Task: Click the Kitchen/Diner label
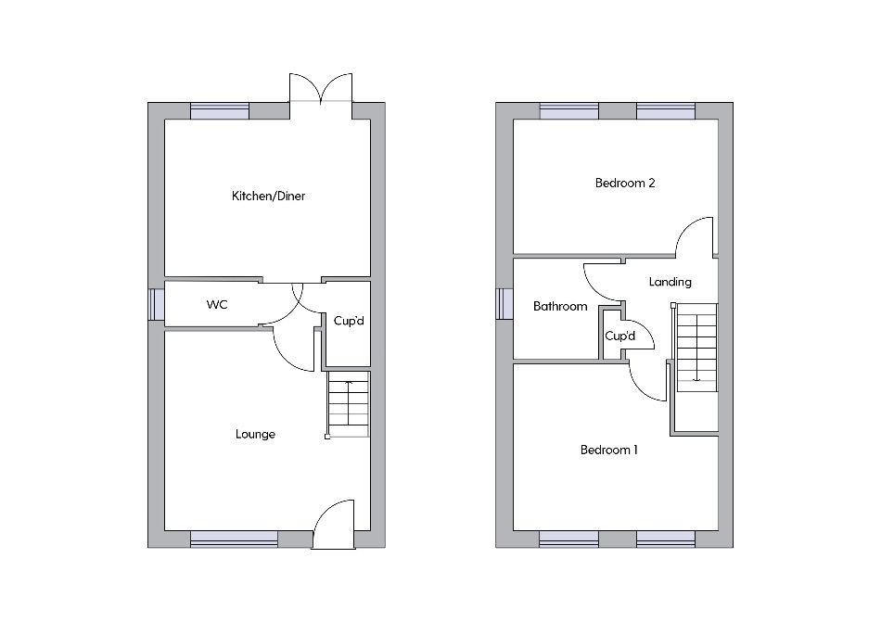(269, 196)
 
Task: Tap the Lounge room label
(255, 434)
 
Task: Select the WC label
(217, 304)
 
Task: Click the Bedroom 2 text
(625, 183)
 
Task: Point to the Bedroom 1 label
(609, 450)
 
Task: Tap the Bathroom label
(560, 306)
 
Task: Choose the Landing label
(670, 282)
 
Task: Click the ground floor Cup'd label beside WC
(349, 321)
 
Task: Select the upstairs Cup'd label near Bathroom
(619, 336)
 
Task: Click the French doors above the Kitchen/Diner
(321, 88)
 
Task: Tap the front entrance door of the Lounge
(333, 524)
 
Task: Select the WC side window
(156, 305)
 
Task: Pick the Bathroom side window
(504, 304)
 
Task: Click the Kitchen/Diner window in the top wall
(220, 111)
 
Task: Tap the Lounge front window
(235, 539)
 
